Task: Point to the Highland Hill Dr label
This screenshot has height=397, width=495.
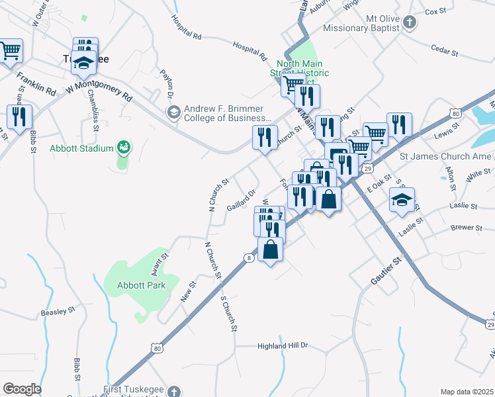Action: point(283,346)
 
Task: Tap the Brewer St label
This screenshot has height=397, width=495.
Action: point(467,228)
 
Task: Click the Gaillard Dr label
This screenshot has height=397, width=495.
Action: point(242,199)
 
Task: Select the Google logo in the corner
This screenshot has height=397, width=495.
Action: point(22,389)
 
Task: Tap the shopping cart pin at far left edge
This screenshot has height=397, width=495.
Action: point(9,51)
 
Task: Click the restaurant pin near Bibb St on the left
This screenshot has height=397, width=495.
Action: point(19,116)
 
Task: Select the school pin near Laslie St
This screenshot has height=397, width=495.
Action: point(402,200)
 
